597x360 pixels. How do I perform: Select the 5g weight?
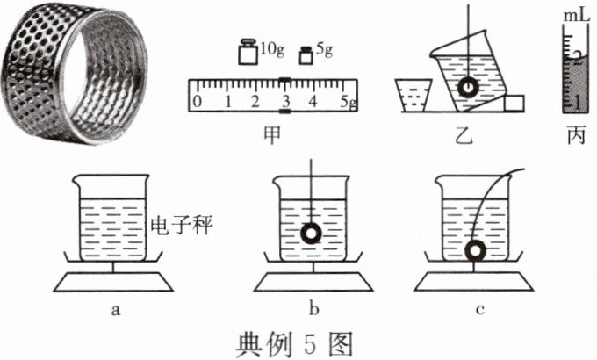(x=306, y=55)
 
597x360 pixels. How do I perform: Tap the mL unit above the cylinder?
(x=574, y=15)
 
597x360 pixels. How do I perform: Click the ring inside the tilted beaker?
(x=469, y=88)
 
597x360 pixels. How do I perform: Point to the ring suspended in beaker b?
(x=310, y=234)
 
